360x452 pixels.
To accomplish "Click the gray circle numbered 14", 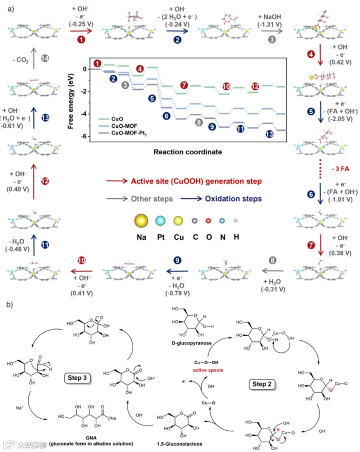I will coord(45,58).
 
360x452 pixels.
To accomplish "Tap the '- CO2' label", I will coord(21,60).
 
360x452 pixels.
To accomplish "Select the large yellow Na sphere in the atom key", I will coord(141,220).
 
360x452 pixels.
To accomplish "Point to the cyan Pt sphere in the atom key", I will coord(161,220).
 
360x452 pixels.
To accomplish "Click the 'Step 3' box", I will coord(77,378).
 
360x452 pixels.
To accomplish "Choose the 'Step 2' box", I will coord(262,384).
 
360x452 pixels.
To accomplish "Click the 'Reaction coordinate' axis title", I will coord(187,152).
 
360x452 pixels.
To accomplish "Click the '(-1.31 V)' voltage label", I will coord(269,25).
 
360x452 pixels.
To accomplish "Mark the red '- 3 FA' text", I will coord(340,169).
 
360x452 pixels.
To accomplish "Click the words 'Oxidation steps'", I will coord(233,199).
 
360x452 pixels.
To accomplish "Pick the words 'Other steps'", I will coord(152,199).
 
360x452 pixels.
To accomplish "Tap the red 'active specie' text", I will coord(208,370).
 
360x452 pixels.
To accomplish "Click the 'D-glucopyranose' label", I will coord(191,343).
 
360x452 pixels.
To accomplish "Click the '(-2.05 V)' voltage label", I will coord(340,119).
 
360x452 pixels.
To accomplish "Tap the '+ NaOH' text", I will coord(269,17).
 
